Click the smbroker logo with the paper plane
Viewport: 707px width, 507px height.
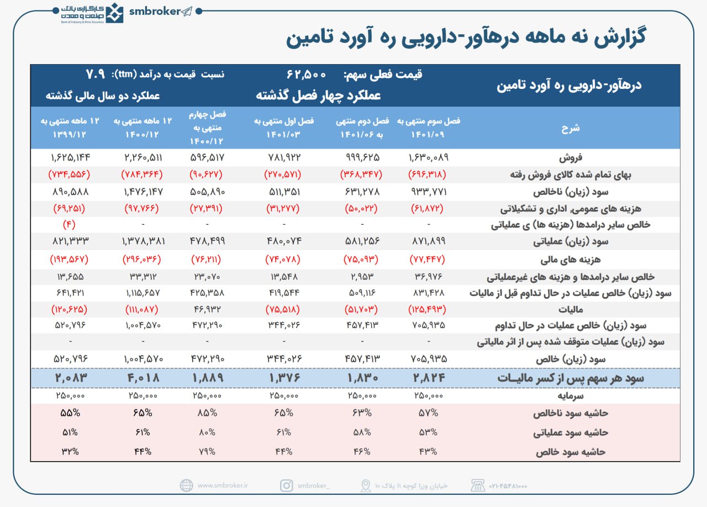tap(161, 12)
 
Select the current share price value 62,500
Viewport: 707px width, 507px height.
tap(307, 74)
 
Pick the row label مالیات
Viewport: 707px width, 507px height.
tap(657, 309)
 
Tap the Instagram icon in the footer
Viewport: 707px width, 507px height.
tap(286, 485)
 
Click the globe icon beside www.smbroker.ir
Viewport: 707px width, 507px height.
tap(186, 485)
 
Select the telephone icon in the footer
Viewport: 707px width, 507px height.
tap(477, 485)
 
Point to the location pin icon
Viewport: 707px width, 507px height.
tap(366, 485)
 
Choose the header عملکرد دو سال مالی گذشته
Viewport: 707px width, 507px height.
tap(103, 95)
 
